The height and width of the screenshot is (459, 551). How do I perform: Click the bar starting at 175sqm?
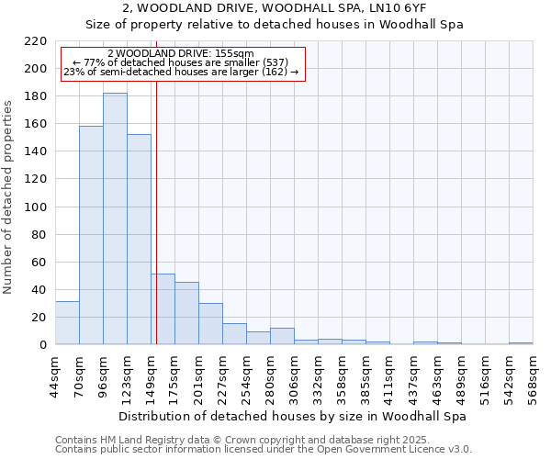pos(186,313)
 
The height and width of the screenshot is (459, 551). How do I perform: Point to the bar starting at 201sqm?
pos(210,324)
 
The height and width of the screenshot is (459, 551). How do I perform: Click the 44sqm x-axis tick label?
pos(55,375)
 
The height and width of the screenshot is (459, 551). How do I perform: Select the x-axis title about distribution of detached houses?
pos(293,416)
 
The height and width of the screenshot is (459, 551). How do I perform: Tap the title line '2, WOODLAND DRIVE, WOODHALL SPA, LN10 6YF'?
pos(274,8)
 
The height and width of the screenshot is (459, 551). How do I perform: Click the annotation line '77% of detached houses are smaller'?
pos(180,62)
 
